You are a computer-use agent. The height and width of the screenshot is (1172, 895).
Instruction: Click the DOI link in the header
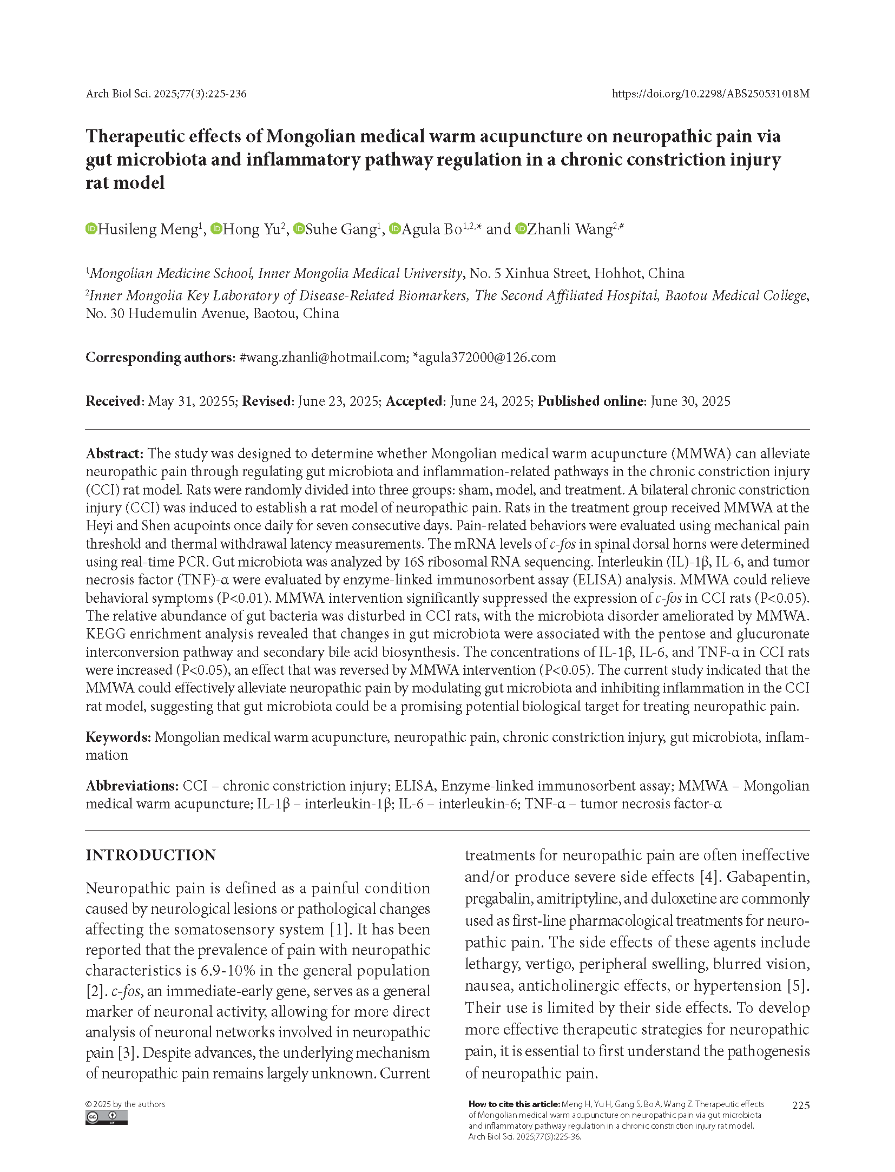click(710, 94)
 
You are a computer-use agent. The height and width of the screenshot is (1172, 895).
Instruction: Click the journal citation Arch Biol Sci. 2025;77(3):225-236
click(166, 94)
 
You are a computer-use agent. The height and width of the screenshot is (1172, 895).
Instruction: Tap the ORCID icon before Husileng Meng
click(91, 229)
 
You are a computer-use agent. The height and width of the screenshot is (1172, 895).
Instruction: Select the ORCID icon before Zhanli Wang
click(521, 229)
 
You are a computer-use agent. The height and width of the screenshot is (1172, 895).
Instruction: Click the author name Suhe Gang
click(341, 229)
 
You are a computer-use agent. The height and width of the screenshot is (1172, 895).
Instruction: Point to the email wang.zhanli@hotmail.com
click(326, 358)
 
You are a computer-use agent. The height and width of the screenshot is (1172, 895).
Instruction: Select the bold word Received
click(113, 401)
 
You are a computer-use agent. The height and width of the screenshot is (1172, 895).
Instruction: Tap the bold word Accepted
click(414, 401)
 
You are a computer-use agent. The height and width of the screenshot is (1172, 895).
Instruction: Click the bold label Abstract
click(114, 453)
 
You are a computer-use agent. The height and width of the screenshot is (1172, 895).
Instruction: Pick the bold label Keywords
click(117, 737)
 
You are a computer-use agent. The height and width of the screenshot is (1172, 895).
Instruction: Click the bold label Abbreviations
click(131, 786)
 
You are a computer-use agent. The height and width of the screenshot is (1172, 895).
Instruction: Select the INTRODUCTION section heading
click(150, 855)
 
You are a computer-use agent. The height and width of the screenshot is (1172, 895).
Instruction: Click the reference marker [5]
click(798, 986)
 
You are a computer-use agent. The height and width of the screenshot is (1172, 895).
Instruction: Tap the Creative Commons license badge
click(106, 1117)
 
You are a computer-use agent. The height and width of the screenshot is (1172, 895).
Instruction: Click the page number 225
click(800, 1105)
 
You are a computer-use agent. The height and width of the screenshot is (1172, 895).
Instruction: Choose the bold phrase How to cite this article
click(514, 1104)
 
